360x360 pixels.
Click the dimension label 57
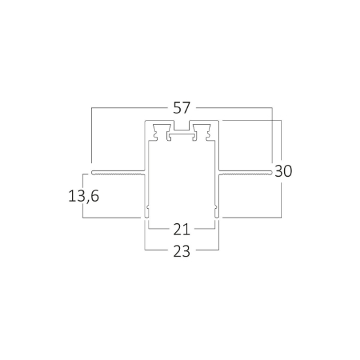(181, 108)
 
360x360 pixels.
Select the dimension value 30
(283, 171)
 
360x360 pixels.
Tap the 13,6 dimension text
(84, 196)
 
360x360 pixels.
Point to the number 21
(181, 229)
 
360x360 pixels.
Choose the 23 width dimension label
(181, 251)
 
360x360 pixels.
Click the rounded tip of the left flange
(92, 172)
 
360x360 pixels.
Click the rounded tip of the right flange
(272, 172)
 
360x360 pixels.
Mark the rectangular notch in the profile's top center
(181, 126)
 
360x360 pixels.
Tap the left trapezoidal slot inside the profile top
(162, 128)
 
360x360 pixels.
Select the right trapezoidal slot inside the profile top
(202, 128)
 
